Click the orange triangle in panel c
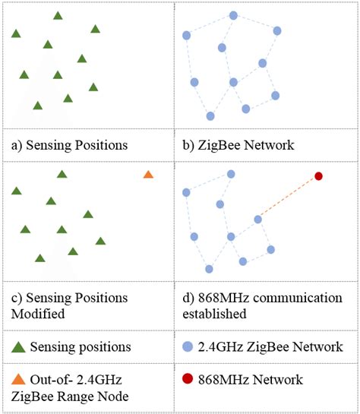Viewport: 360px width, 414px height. (x=148, y=175)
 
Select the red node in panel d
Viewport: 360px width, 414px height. (x=319, y=176)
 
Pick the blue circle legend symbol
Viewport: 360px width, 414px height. (x=188, y=347)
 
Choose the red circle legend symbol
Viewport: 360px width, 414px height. (x=188, y=379)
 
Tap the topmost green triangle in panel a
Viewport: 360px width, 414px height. (x=58, y=15)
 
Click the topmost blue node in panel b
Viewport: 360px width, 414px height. (x=233, y=15)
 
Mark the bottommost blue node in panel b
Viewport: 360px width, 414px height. (x=210, y=116)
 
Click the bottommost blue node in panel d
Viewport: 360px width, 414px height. (x=209, y=269)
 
